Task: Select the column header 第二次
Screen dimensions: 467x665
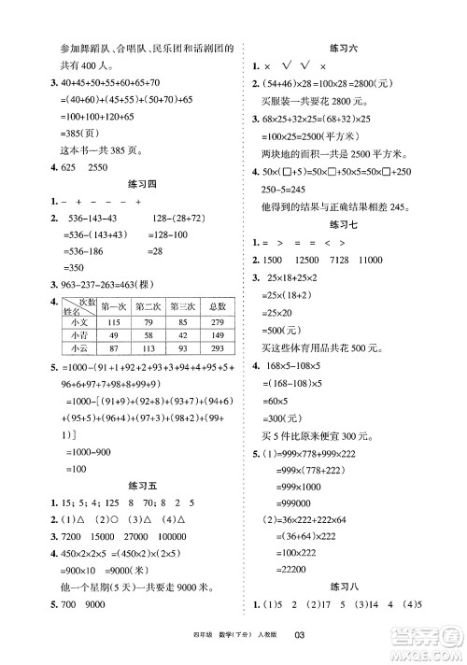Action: click(143, 304)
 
